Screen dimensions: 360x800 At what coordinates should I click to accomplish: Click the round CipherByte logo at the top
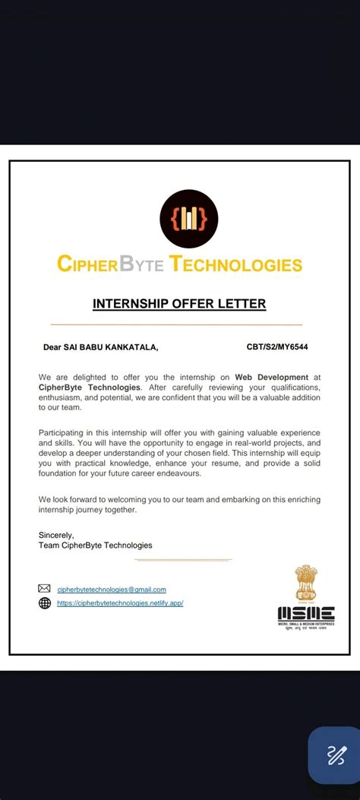pyautogui.click(x=188, y=220)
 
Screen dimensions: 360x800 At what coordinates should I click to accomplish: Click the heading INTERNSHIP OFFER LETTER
pyautogui.click(x=179, y=304)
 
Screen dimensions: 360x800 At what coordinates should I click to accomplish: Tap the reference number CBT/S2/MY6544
pyautogui.click(x=276, y=347)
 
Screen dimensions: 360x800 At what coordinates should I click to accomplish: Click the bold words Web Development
pyautogui.click(x=271, y=377)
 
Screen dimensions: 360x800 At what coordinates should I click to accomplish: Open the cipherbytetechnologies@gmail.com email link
pyautogui.click(x=112, y=590)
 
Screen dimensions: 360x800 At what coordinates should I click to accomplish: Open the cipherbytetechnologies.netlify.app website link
pyautogui.click(x=120, y=603)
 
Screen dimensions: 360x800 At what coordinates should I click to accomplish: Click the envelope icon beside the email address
pyautogui.click(x=45, y=589)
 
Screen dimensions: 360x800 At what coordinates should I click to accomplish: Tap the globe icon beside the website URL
pyautogui.click(x=45, y=603)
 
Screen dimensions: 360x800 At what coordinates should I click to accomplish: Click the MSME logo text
pyautogui.click(x=306, y=613)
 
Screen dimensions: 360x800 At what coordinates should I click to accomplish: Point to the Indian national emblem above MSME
pyautogui.click(x=306, y=581)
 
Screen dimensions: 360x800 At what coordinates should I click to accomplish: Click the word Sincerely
pyautogui.click(x=56, y=535)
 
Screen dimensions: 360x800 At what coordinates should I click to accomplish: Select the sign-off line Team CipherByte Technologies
pyautogui.click(x=95, y=545)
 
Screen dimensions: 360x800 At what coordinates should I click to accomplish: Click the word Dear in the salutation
pyautogui.click(x=51, y=347)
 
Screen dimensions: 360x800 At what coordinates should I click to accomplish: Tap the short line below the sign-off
pyautogui.click(x=182, y=560)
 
